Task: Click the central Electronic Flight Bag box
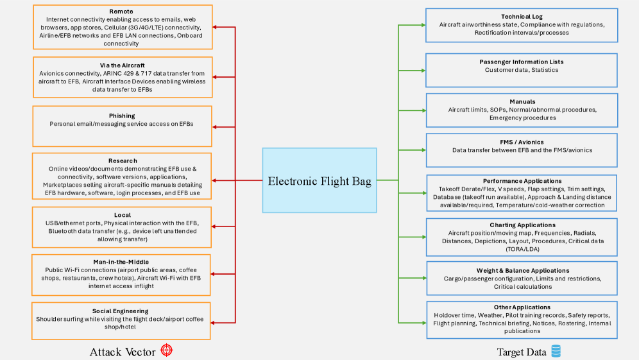[319, 181]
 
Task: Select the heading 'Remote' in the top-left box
[122, 12]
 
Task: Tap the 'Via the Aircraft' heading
[122, 65]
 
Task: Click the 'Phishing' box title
[122, 116]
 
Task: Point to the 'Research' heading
[122, 161]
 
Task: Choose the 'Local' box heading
[122, 215]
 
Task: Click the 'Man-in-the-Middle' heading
[122, 262]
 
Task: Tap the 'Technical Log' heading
[522, 17]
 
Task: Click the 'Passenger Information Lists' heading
[522, 62]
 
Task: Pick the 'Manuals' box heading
[522, 102]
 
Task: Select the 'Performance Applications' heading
[522, 182]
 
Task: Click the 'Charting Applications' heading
[522, 225]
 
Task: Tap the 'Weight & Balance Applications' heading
[522, 271]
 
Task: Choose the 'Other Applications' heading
[522, 307]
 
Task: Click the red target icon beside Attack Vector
[167, 350]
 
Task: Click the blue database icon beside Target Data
[556, 351]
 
